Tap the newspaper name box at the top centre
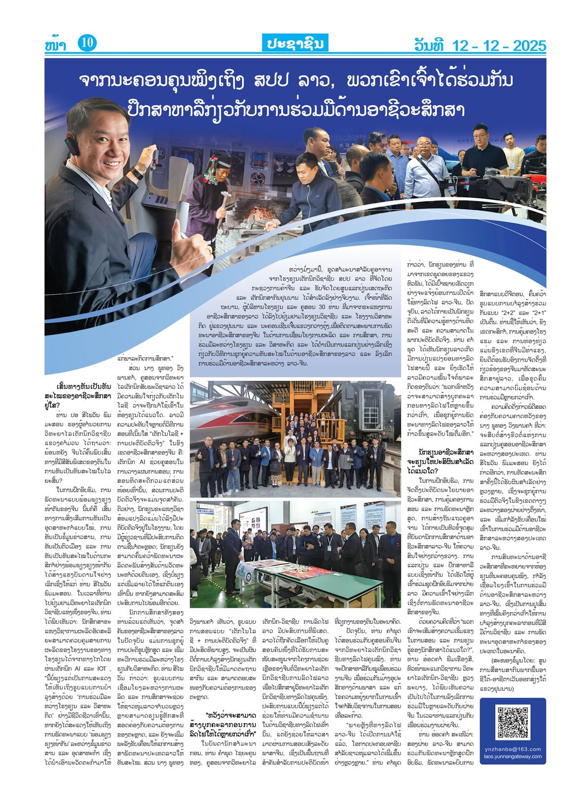click(291, 44)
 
